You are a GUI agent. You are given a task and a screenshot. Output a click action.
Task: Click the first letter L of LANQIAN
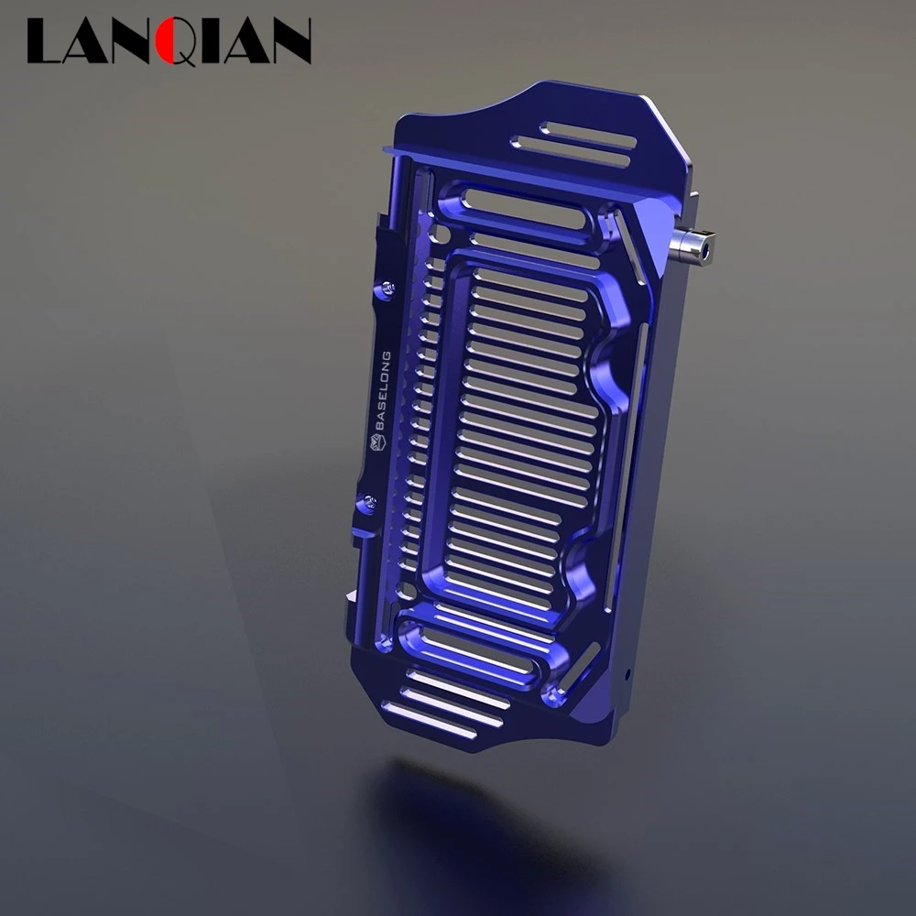[44, 40]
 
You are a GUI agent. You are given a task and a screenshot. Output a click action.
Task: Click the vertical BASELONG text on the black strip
[383, 390]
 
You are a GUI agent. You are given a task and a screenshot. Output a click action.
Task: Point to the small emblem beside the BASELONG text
[376, 442]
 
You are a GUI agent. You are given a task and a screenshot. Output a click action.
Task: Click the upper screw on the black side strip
[387, 287]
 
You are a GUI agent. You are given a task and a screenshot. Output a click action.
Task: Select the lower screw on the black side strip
[369, 501]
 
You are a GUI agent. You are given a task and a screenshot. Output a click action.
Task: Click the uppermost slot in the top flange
[588, 135]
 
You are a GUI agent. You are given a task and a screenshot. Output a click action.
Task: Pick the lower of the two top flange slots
[570, 152]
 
